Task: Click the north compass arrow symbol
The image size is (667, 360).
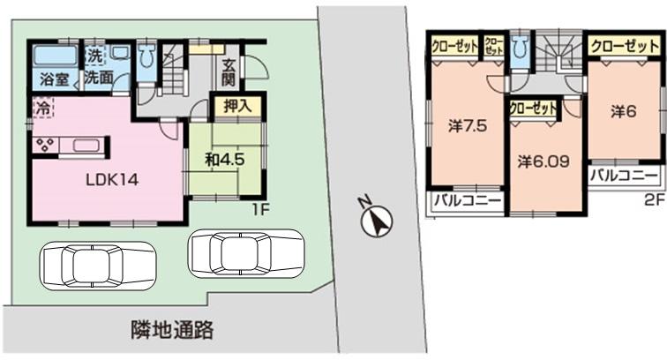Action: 377,221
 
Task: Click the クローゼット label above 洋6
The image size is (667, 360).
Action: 623,44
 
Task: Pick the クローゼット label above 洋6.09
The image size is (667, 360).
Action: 534,108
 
